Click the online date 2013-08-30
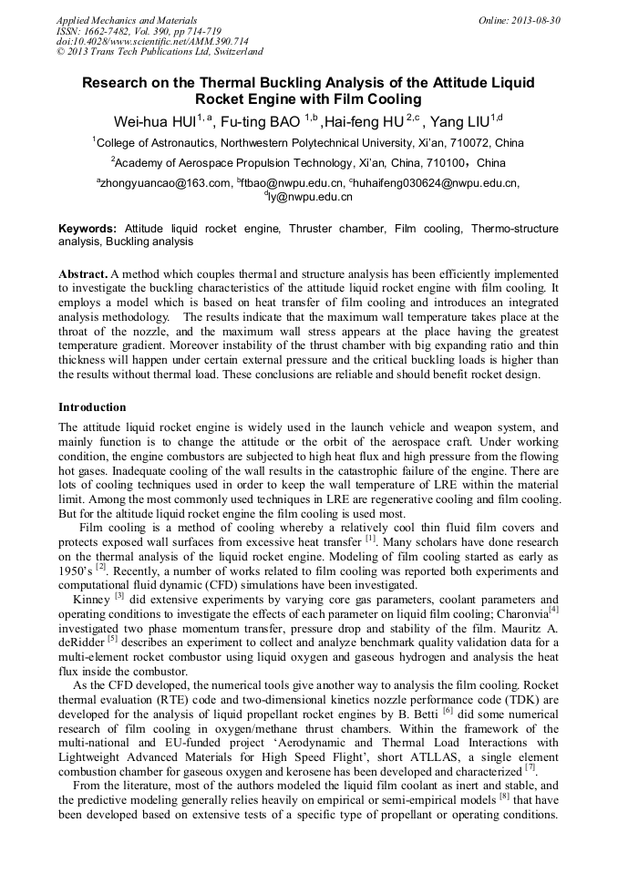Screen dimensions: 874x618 (x=520, y=19)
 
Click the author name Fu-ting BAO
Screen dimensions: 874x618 (x=263, y=121)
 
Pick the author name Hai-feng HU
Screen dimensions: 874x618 (x=366, y=121)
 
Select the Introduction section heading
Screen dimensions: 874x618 (x=92, y=407)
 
